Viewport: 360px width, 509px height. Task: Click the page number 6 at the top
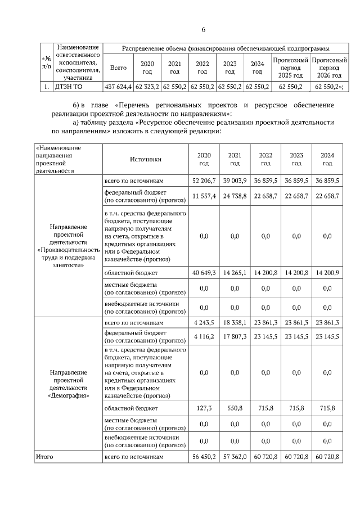[204, 30]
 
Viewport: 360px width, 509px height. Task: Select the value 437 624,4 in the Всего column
[118, 87]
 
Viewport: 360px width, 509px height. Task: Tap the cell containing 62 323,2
[147, 87]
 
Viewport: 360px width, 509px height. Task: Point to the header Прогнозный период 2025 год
[290, 67]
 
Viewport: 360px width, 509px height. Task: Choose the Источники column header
[146, 159]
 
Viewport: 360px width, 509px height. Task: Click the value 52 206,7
[204, 181]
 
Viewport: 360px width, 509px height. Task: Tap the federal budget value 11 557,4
[204, 196]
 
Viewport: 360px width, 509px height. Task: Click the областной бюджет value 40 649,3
[204, 273]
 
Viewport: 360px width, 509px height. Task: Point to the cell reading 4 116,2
[204, 336]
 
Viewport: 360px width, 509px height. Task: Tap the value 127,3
[204, 408]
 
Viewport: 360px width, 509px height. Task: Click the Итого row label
[44, 457]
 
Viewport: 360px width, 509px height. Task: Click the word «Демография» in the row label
[68, 396]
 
